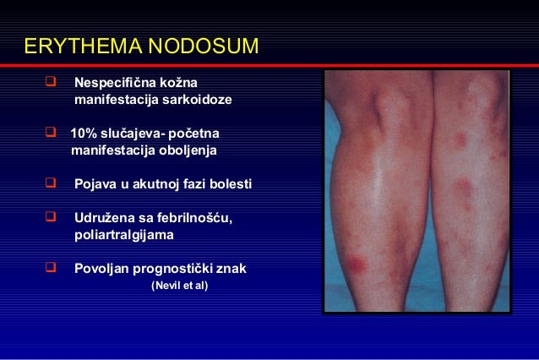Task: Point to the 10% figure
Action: pyautogui.click(x=83, y=134)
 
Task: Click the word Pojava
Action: pyautogui.click(x=95, y=185)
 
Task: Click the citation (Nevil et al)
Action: pyautogui.click(x=178, y=286)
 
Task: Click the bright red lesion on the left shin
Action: pyautogui.click(x=358, y=264)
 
